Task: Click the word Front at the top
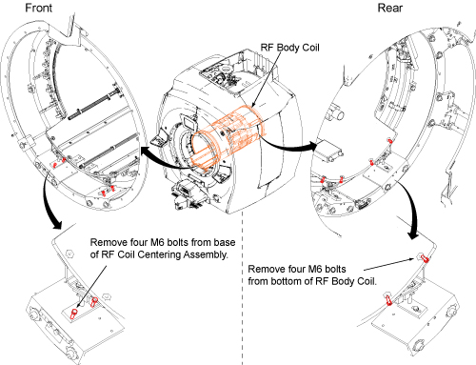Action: tap(38, 8)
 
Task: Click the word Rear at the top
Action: tap(390, 8)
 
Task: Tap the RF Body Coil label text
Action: tap(289, 48)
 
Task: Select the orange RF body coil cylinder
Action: tap(228, 136)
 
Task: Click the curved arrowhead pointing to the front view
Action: tap(145, 152)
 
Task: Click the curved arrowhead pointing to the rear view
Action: tap(312, 147)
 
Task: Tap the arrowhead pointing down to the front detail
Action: tap(56, 225)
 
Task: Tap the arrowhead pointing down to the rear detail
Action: tap(413, 235)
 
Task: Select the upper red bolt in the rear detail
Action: tap(425, 258)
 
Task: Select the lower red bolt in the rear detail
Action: tap(388, 300)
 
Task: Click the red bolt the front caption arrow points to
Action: tap(74, 314)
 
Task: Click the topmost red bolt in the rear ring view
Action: tap(390, 140)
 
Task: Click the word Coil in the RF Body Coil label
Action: tap(310, 48)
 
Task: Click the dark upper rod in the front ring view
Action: tap(95, 104)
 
